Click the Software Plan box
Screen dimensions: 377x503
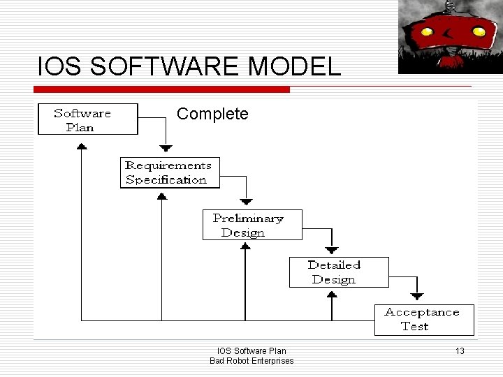point(87,119)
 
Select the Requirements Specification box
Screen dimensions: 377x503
point(169,172)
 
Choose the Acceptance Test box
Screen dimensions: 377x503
point(424,320)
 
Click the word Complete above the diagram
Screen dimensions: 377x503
point(212,113)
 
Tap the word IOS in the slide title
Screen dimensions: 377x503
point(54,67)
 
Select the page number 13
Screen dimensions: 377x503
point(458,350)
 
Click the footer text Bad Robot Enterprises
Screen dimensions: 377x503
point(251,360)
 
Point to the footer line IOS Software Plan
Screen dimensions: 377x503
point(251,350)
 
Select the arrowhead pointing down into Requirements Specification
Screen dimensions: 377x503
point(166,147)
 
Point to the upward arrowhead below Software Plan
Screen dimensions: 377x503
point(82,146)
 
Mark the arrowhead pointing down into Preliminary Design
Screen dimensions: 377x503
point(246,200)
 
